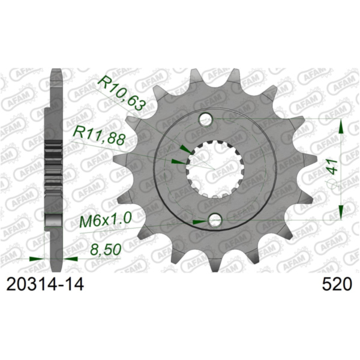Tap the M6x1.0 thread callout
(106, 221)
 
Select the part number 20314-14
(43, 284)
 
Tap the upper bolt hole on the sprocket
(205, 119)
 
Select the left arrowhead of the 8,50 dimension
(37, 259)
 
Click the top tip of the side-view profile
(56, 71)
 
